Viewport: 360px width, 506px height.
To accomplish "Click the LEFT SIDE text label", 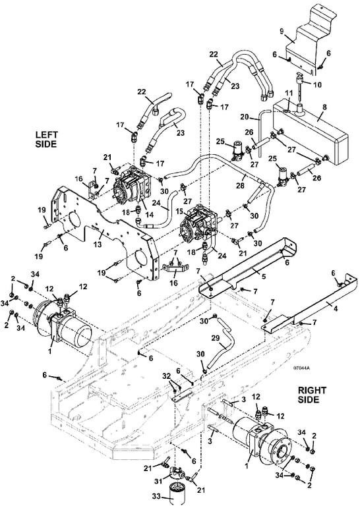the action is click(46, 139).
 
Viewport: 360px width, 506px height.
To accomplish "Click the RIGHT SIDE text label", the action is click(312, 395).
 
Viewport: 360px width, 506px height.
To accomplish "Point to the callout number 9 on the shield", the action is click(282, 32).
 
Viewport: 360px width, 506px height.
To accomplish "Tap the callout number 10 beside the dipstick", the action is click(317, 85).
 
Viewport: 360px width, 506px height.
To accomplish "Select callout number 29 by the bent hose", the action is click(216, 339).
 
